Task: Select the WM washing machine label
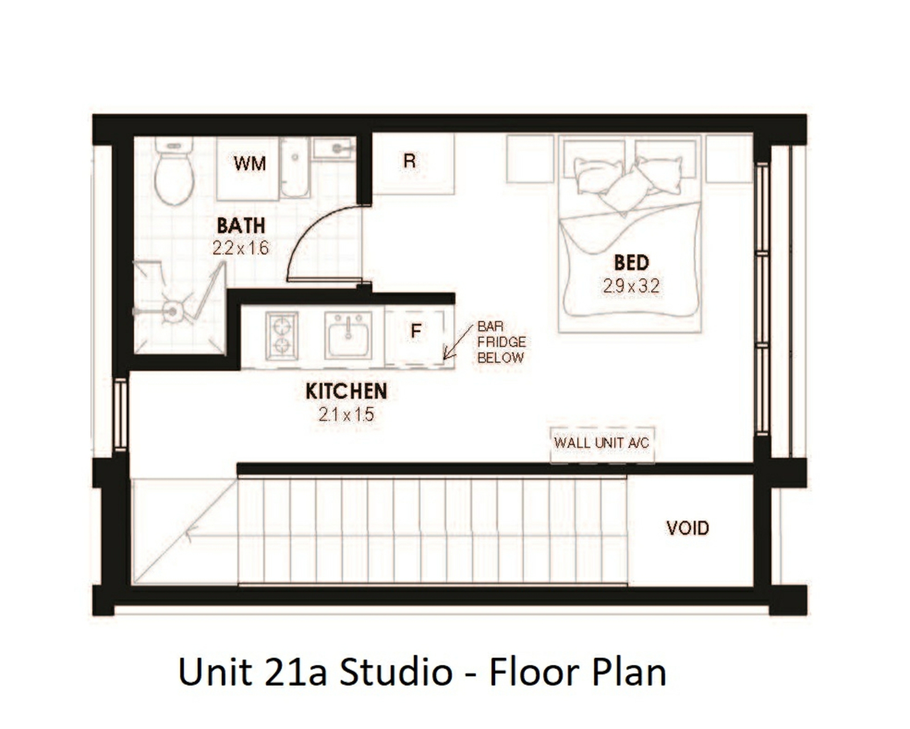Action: coord(250,163)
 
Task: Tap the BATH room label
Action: coord(241,225)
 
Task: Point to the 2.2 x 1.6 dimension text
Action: coord(241,248)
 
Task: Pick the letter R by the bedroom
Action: coord(409,161)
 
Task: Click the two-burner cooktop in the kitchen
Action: coord(282,336)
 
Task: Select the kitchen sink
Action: coord(348,335)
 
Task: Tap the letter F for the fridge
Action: coord(416,331)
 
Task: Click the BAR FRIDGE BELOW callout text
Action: coord(502,342)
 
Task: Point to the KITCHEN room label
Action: coord(346,391)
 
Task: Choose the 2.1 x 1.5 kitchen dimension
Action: coord(346,414)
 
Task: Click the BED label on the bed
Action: coord(631,263)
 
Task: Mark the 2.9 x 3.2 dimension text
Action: coord(631,286)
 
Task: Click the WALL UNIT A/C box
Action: coord(602,444)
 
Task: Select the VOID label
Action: coord(688,528)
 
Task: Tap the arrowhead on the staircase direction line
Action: coord(190,534)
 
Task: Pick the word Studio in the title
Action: coord(396,672)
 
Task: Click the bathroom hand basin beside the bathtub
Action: coord(334,148)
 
